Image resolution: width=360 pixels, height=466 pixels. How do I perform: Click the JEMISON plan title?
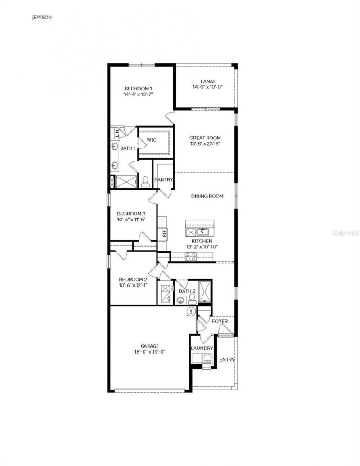tap(41, 18)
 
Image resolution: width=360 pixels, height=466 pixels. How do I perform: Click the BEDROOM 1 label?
tap(139, 89)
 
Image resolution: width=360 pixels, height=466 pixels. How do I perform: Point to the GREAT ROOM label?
tap(205, 138)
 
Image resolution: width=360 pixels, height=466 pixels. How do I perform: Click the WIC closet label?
tap(151, 140)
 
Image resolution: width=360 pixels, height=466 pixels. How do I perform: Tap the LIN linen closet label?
tap(117, 133)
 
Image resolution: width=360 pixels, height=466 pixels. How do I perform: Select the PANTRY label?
tap(164, 180)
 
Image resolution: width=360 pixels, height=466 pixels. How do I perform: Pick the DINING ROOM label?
tap(207, 196)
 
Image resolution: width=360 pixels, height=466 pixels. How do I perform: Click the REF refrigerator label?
tap(164, 233)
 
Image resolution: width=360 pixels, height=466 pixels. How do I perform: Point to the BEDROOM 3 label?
tap(131, 214)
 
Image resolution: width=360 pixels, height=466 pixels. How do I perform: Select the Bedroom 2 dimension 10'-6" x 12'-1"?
tap(133, 285)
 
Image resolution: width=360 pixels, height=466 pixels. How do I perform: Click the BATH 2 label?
tap(187, 291)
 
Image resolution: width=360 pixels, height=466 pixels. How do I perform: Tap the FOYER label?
tap(220, 321)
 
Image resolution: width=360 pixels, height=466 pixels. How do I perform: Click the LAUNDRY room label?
tap(202, 349)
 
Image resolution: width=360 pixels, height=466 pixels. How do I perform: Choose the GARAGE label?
tap(149, 346)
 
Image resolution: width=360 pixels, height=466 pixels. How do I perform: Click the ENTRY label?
tap(227, 360)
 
